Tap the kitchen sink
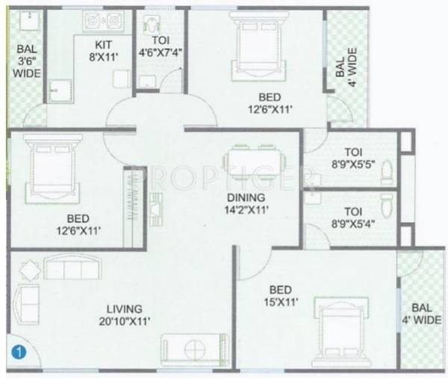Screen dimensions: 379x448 point(59,89)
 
